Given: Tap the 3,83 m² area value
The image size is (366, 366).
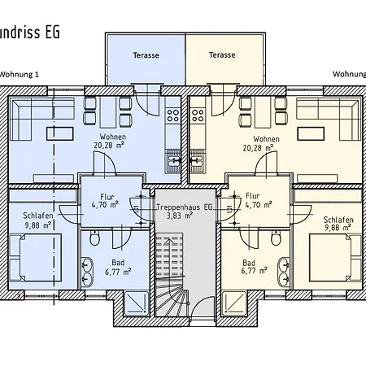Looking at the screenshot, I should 184,216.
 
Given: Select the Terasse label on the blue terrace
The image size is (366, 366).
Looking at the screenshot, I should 146,55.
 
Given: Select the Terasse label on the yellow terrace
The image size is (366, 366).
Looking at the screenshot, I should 221,55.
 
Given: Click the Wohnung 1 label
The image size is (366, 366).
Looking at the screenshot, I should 20,74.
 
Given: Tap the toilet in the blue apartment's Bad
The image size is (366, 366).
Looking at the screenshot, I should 95,238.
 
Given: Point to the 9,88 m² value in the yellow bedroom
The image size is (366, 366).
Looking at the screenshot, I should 336,229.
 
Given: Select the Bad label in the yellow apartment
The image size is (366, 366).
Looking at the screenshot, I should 249,262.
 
